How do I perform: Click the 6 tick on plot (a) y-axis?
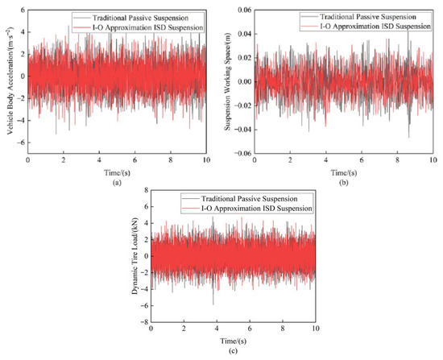tap(23, 10)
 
